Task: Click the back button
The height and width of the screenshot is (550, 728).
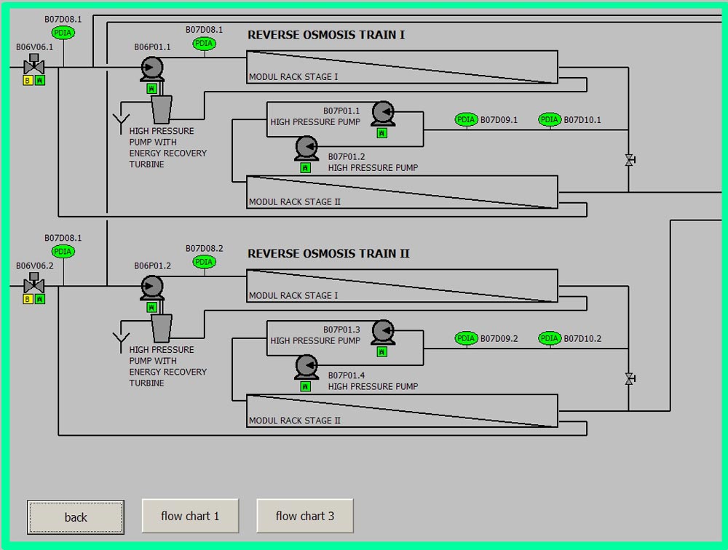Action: [x=76, y=517]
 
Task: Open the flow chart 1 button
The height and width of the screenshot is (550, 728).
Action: [x=190, y=516]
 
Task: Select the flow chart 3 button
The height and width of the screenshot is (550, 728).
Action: [x=305, y=516]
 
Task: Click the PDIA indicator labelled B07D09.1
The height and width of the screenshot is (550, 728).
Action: [x=466, y=120]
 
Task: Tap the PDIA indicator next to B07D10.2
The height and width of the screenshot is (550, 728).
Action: [x=550, y=338]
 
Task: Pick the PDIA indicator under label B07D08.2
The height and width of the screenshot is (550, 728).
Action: [x=205, y=262]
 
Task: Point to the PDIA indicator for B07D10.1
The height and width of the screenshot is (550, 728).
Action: [x=550, y=120]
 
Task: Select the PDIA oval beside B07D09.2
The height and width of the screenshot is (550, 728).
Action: [x=466, y=338]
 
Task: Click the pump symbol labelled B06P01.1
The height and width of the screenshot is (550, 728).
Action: [x=151, y=69]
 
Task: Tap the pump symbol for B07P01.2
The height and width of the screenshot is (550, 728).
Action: [x=306, y=148]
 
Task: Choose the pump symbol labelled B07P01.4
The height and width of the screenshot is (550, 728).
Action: [x=306, y=367]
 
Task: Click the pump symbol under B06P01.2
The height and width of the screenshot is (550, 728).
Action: [x=151, y=287]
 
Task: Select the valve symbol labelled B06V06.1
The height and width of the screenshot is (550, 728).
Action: [x=33, y=65]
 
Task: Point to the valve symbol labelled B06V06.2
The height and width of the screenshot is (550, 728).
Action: [x=33, y=284]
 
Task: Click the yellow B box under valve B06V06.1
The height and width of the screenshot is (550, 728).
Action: [x=28, y=81]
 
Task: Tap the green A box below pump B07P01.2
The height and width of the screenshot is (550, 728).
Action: [x=305, y=167]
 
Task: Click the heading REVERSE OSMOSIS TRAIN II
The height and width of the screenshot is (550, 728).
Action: [x=328, y=254]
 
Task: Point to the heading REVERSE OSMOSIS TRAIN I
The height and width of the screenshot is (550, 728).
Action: [x=326, y=35]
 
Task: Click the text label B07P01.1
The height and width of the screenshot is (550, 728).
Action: [x=341, y=111]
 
